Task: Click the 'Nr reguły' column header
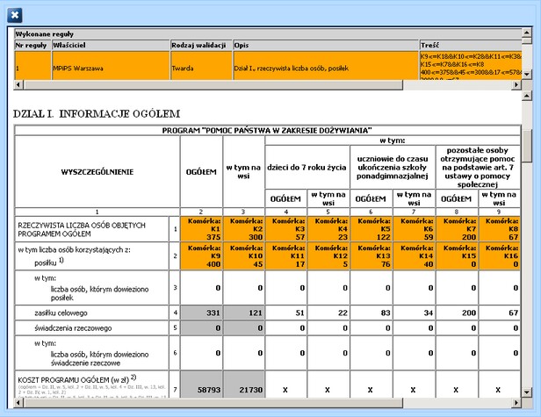tap(32, 44)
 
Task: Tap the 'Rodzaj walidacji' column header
tap(199, 44)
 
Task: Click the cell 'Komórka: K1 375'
tap(201, 228)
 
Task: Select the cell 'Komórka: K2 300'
tap(243, 228)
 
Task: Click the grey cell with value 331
tap(201, 312)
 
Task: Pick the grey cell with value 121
tap(243, 312)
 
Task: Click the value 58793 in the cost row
tap(201, 388)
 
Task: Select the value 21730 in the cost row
tap(243, 388)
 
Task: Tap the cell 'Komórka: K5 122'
tap(371, 228)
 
